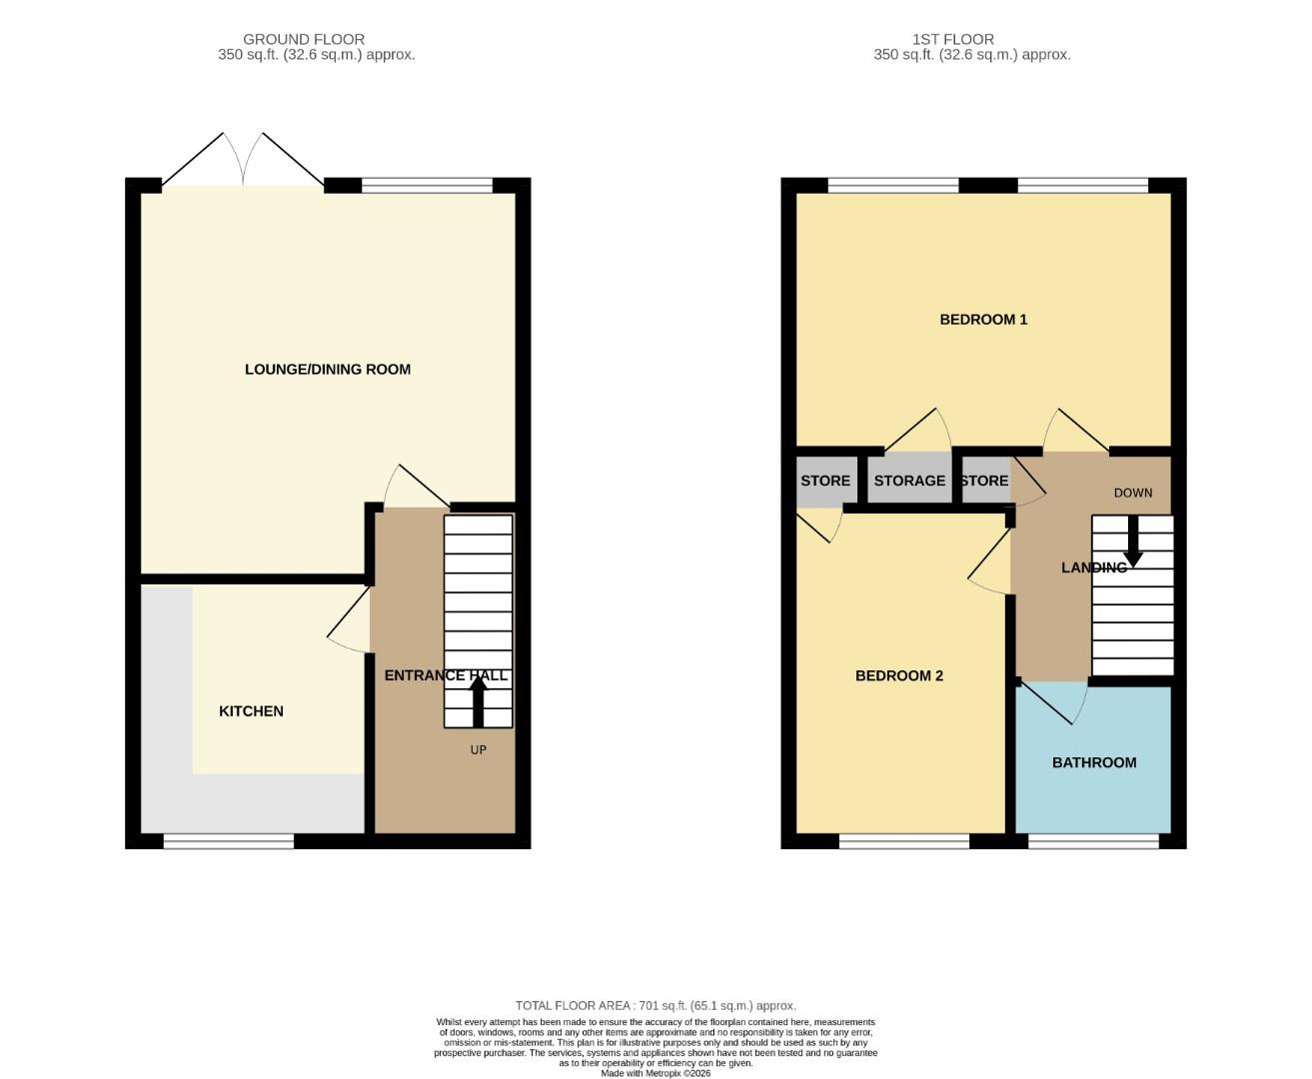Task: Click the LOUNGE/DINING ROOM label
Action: [328, 370]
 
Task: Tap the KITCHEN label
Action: [251, 711]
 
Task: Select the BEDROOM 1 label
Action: [983, 320]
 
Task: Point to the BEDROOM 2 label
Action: [899, 676]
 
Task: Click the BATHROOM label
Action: [1094, 762]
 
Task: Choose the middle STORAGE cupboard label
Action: [909, 481]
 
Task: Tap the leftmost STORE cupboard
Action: [825, 481]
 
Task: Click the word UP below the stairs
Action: [479, 749]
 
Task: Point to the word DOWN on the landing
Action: [1133, 493]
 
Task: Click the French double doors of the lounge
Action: [243, 160]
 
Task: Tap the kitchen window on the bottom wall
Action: [229, 842]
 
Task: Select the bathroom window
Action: [1093, 842]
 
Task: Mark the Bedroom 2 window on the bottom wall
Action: [904, 842]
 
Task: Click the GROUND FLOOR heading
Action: [304, 40]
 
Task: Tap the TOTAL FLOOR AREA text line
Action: [656, 1006]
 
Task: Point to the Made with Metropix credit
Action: [656, 1073]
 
